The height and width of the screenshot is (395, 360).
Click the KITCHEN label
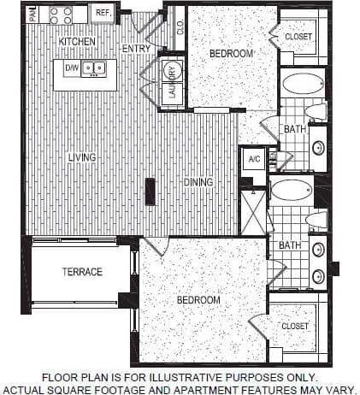[x=78, y=41]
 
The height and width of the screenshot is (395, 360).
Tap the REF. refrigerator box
[x=103, y=13]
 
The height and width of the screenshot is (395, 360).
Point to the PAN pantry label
[x=32, y=14]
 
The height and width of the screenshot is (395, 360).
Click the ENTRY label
[x=136, y=49]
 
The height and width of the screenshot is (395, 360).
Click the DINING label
[x=198, y=182]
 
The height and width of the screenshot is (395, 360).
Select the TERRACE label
[x=82, y=272]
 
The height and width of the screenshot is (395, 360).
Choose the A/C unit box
[x=254, y=159]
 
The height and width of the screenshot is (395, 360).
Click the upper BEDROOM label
[x=231, y=53]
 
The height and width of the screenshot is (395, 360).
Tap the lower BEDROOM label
[x=198, y=300]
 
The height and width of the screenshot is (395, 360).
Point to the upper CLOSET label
[x=298, y=37]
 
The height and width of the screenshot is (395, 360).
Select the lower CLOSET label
[x=294, y=326]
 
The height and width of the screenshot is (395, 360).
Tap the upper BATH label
[x=294, y=129]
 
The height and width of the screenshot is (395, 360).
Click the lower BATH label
[x=289, y=245]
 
